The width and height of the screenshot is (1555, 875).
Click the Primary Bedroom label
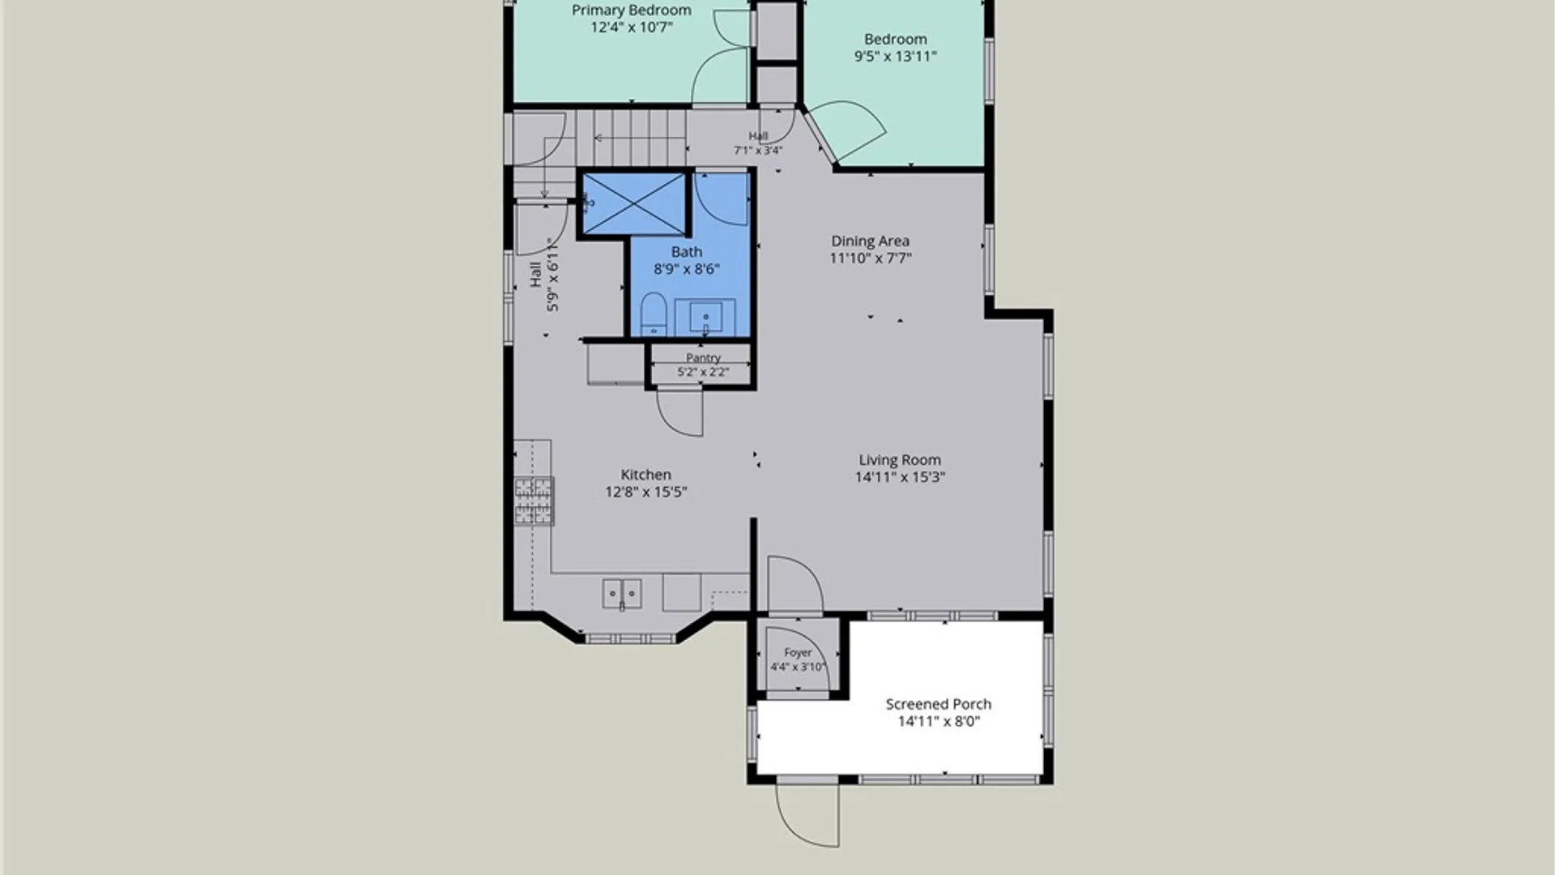click(632, 11)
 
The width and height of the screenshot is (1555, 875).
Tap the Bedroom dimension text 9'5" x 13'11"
click(895, 57)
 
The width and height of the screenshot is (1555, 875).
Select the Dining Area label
click(870, 241)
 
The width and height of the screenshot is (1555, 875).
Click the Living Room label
click(900, 460)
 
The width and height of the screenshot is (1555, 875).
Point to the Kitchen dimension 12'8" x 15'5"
click(645, 492)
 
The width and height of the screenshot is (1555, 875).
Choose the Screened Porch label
click(938, 704)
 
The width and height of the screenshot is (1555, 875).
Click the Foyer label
click(798, 652)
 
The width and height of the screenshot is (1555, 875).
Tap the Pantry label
click(703, 357)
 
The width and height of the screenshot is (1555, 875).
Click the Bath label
click(687, 252)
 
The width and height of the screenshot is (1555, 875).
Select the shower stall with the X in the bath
click(634, 204)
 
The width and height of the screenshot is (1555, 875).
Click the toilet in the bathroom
click(654, 314)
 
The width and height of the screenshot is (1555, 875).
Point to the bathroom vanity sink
click(705, 317)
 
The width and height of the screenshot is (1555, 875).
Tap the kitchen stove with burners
click(534, 501)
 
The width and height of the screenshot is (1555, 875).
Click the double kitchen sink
click(622, 593)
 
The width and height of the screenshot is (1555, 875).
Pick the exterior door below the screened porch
click(807, 813)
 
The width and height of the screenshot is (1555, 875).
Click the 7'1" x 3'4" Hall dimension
click(758, 150)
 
